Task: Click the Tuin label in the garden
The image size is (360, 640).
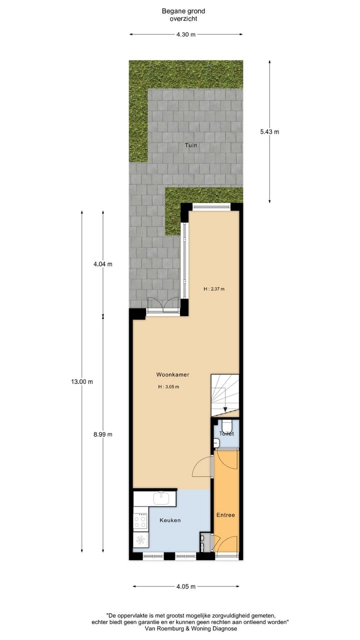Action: tap(190, 145)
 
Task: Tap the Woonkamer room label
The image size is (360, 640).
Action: tap(172, 374)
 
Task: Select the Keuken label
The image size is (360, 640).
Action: tap(170, 520)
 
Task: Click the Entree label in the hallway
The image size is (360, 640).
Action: tap(225, 515)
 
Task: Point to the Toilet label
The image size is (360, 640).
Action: tap(226, 433)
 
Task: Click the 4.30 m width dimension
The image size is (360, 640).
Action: tap(186, 34)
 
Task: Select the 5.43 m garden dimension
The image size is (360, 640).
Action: tap(270, 131)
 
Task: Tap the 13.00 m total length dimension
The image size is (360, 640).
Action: tap(82, 381)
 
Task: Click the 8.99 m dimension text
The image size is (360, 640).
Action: tap(102, 434)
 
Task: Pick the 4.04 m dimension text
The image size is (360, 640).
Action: tap(102, 264)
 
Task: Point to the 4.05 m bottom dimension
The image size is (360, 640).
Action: tap(186, 586)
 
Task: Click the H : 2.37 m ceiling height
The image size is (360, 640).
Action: tap(214, 289)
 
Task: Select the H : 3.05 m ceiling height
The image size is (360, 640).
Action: tap(168, 387)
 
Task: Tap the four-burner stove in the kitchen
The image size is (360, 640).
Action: tap(140, 521)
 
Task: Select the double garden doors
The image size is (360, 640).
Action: tap(163, 304)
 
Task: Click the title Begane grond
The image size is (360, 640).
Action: tap(183, 11)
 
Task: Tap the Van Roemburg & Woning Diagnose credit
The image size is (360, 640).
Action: tap(190, 628)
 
